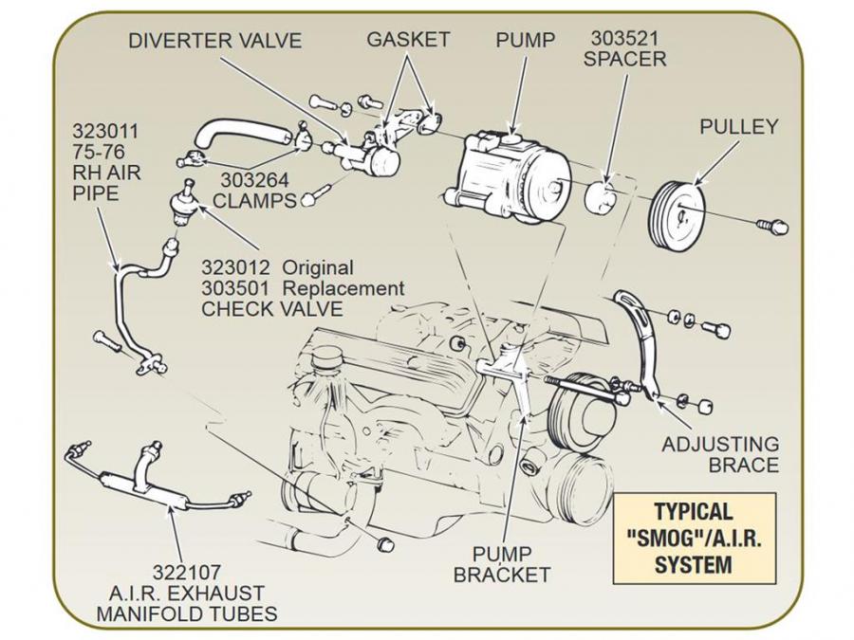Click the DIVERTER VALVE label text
click(214, 41)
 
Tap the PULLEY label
click(738, 126)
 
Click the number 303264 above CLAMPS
click(254, 180)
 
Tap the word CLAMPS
click(254, 200)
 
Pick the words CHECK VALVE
click(271, 308)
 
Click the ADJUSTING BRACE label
click(720, 454)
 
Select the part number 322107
click(186, 572)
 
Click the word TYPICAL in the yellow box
click(694, 513)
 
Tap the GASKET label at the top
click(408, 41)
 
